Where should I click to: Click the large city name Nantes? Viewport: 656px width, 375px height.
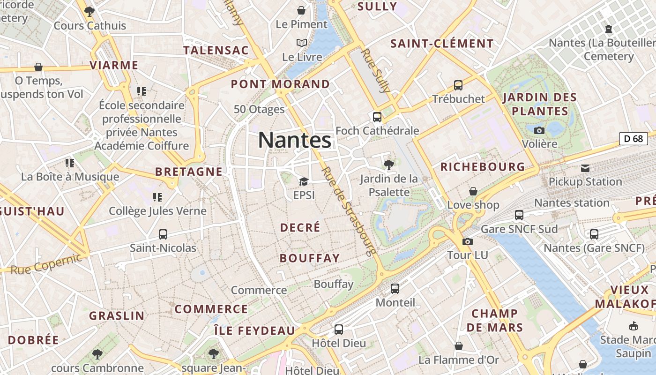(295, 140)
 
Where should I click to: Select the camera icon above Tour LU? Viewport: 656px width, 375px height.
(467, 242)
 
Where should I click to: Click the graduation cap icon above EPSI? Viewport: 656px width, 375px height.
(304, 181)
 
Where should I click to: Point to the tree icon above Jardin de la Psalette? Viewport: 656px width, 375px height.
(388, 165)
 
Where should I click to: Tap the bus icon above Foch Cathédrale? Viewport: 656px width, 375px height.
(377, 117)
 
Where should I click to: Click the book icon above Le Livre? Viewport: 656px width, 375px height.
(302, 43)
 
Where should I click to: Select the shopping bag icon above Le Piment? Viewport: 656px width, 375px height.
(301, 10)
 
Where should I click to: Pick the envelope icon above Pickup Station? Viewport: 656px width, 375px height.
(585, 168)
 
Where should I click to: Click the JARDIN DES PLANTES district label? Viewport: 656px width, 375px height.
(539, 105)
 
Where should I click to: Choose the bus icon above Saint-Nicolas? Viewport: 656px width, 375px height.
(163, 234)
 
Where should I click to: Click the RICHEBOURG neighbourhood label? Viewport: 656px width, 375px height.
(483, 167)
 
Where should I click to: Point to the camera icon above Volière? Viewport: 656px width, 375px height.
(539, 130)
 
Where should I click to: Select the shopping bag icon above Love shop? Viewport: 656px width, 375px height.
(473, 191)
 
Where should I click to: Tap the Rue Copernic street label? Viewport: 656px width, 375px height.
(46, 264)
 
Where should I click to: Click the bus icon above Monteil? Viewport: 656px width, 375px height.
(395, 289)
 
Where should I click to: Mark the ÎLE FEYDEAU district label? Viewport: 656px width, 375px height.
(254, 330)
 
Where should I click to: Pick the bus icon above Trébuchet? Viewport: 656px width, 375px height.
(458, 85)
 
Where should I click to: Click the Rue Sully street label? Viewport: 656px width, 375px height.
(376, 70)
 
